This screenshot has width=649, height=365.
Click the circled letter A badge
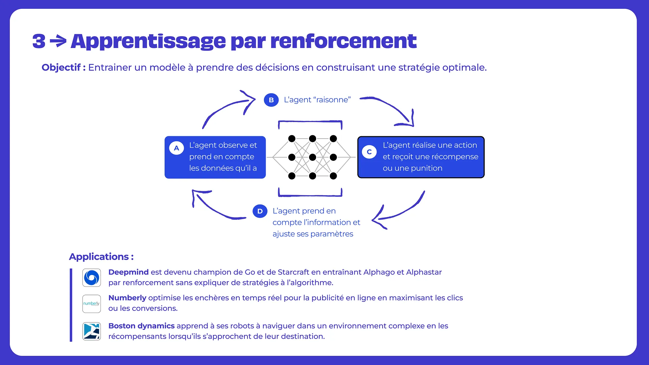click(176, 148)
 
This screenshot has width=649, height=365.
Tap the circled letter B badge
click(271, 100)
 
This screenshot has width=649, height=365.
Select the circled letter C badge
click(369, 152)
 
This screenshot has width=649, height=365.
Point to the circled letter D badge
click(260, 211)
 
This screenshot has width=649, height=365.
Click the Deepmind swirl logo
click(92, 278)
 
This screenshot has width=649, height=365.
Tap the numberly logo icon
click(92, 303)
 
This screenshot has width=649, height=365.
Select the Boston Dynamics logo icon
click(92, 331)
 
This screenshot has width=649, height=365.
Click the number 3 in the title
click(39, 41)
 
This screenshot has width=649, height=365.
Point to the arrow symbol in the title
click(58, 41)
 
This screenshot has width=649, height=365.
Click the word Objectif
click(61, 68)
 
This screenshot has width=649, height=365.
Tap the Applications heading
click(101, 257)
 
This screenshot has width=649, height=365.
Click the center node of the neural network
click(313, 157)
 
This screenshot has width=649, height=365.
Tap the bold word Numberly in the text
click(127, 298)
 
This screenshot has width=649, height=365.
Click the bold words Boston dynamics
click(141, 326)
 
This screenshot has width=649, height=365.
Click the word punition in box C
click(427, 168)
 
